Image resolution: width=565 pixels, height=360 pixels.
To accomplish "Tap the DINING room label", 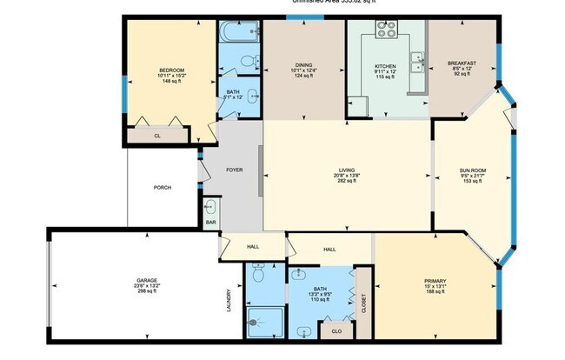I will point(303,65).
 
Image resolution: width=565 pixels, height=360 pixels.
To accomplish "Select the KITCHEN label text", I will point(385,65).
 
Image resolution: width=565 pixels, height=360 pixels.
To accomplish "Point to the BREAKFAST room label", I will point(461,63).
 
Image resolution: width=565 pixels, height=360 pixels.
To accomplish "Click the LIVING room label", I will point(347,170).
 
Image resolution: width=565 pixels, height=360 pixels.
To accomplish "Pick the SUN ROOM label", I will point(473,170).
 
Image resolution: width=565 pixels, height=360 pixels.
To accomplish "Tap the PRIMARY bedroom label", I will point(435,281).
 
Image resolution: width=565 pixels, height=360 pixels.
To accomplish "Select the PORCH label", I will point(162,187).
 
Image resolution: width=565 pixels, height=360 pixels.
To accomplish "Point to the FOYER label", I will point(234,170).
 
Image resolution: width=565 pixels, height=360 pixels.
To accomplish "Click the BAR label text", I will point(210,222).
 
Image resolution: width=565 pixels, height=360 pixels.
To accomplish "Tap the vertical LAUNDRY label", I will point(229,301).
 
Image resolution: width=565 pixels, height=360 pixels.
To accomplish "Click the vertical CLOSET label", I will point(362,302).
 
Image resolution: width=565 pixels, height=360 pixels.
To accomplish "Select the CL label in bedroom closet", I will point(157,136).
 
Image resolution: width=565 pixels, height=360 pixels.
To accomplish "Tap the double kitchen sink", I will point(417,63).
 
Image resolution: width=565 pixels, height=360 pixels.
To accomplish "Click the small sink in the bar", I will point(210,208).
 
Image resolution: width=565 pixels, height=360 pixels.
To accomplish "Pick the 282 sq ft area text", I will point(347,182).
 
